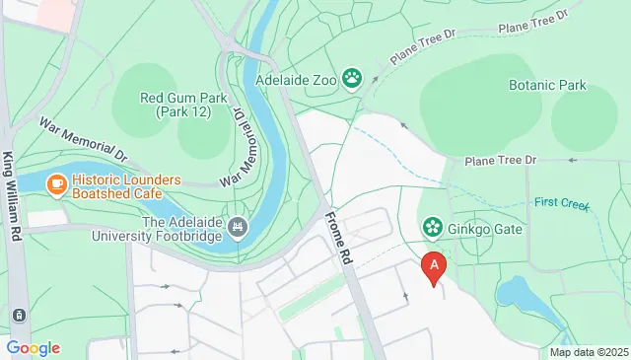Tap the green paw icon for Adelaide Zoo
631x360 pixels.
(353, 77)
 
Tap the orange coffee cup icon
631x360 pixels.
(57, 182)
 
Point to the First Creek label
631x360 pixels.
(561, 204)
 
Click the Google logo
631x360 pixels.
(33, 347)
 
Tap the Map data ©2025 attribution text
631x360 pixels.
(589, 352)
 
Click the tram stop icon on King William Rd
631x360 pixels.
(18, 315)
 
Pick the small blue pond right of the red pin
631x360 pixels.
(513, 292)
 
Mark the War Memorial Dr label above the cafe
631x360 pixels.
(85, 140)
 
